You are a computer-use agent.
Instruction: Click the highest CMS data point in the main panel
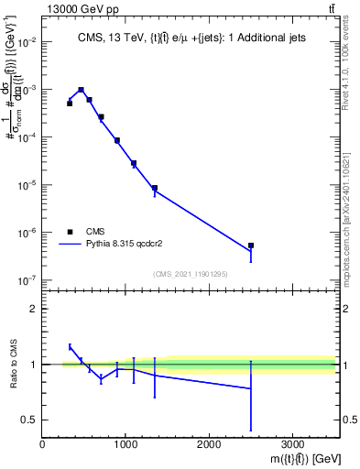[x=82, y=90]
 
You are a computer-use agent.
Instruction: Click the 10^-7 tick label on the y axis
[x=28, y=280]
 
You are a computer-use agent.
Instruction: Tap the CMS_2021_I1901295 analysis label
[x=190, y=274]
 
